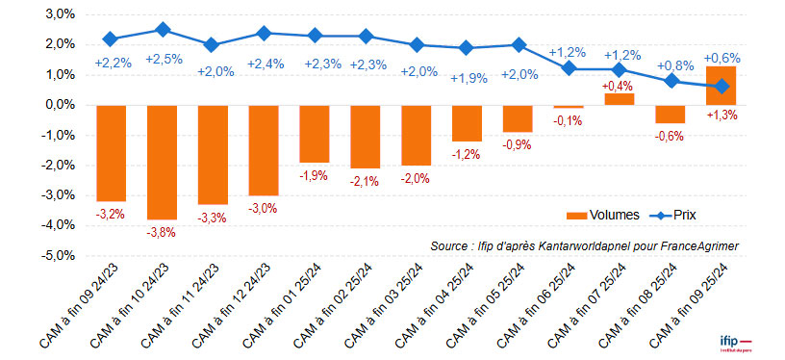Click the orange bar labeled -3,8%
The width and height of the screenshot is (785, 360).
(x=162, y=162)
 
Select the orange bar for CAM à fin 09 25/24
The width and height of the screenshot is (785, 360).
(x=722, y=86)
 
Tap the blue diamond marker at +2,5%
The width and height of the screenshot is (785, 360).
(x=162, y=30)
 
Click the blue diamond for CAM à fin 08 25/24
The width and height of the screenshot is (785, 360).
(x=671, y=81)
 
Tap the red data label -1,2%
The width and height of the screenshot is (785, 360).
(x=467, y=155)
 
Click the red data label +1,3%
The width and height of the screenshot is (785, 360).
(x=722, y=116)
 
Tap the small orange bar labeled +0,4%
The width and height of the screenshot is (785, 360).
(x=620, y=99)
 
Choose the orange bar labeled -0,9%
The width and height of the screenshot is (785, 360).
(x=518, y=118)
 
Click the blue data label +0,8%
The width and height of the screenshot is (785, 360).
(x=672, y=65)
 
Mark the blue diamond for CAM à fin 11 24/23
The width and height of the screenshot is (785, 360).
(x=213, y=45)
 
